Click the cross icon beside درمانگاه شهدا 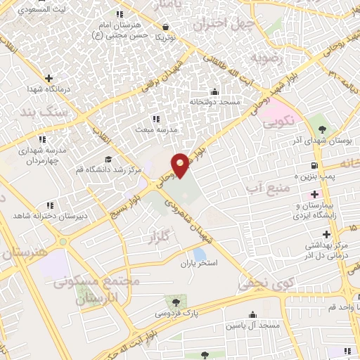(x=48, y=78)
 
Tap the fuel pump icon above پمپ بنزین (x=314, y=167)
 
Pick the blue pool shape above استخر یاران (x=200, y=253)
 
